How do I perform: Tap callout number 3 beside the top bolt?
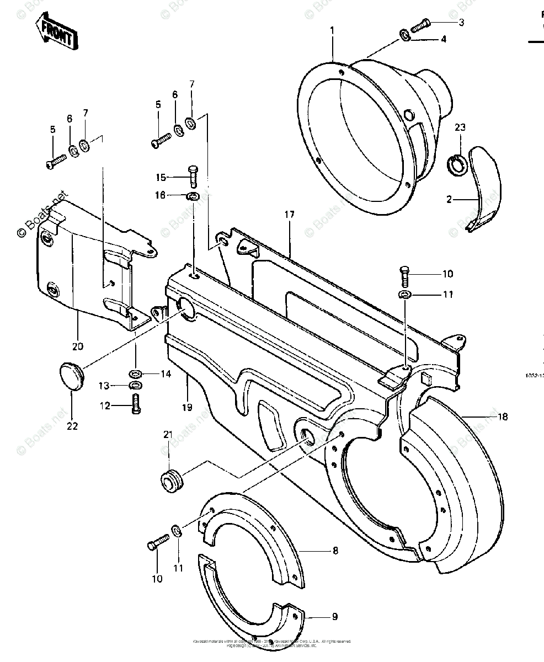pyautogui.click(x=461, y=23)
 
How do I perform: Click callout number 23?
pyautogui.click(x=460, y=127)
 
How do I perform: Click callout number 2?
pyautogui.click(x=449, y=199)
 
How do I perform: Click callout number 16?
pyautogui.click(x=159, y=195)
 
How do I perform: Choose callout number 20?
pyautogui.click(x=77, y=346)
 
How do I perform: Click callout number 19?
pyautogui.click(x=187, y=407)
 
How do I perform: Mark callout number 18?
pyautogui.click(x=502, y=417)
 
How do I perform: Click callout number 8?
pyautogui.click(x=335, y=551)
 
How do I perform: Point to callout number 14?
pyautogui.click(x=166, y=373)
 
